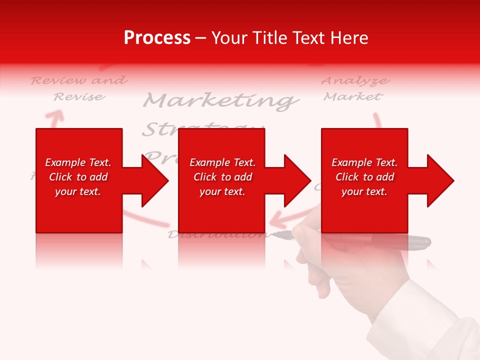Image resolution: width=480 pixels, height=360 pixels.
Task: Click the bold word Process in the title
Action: click(157, 38)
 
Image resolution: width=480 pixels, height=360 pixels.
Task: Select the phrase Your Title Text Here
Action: click(289, 38)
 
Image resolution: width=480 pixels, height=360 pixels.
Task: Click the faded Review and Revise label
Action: click(79, 88)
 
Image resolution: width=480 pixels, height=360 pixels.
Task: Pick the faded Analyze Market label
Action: click(354, 88)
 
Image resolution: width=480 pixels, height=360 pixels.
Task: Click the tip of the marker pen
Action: click(276, 234)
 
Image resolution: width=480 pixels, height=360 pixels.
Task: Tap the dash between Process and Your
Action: click(200, 38)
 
